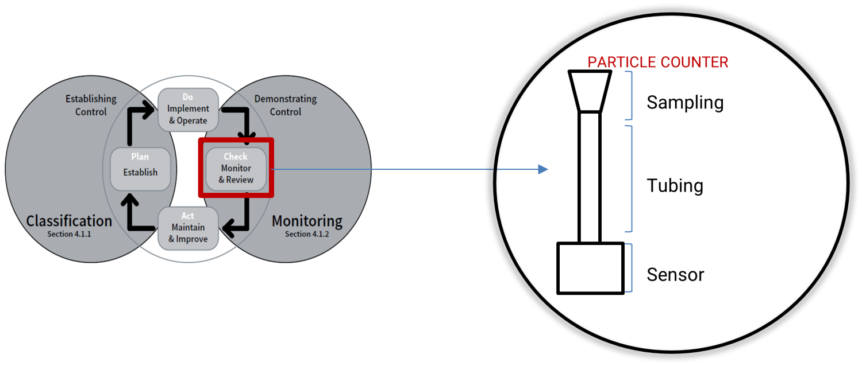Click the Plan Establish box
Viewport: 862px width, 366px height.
click(x=140, y=169)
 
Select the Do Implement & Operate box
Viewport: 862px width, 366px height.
click(x=188, y=109)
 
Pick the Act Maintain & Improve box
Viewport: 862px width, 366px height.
click(x=188, y=228)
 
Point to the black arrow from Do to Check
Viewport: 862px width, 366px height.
click(x=241, y=120)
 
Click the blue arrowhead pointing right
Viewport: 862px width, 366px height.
click(x=542, y=169)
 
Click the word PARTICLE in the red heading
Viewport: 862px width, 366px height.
click(x=622, y=62)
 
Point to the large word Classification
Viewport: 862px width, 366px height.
click(x=69, y=221)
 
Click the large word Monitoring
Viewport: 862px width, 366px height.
click(x=307, y=221)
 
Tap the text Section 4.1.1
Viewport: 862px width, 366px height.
click(x=70, y=234)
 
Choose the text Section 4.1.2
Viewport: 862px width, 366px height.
click(x=307, y=234)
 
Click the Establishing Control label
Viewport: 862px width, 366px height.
click(x=91, y=105)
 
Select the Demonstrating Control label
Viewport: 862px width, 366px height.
click(x=286, y=105)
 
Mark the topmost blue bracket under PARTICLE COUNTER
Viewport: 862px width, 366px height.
click(x=630, y=95)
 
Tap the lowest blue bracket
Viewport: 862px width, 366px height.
click(x=630, y=268)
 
